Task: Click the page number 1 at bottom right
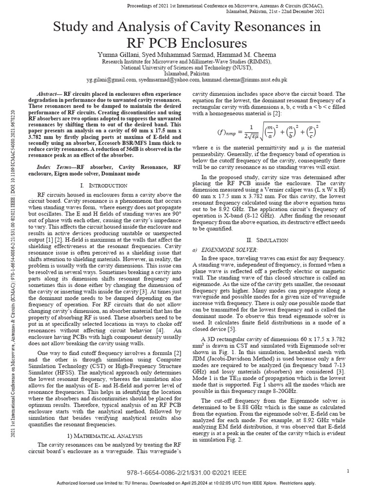(349, 471)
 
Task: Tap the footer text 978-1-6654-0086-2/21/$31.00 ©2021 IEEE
(187, 473)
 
